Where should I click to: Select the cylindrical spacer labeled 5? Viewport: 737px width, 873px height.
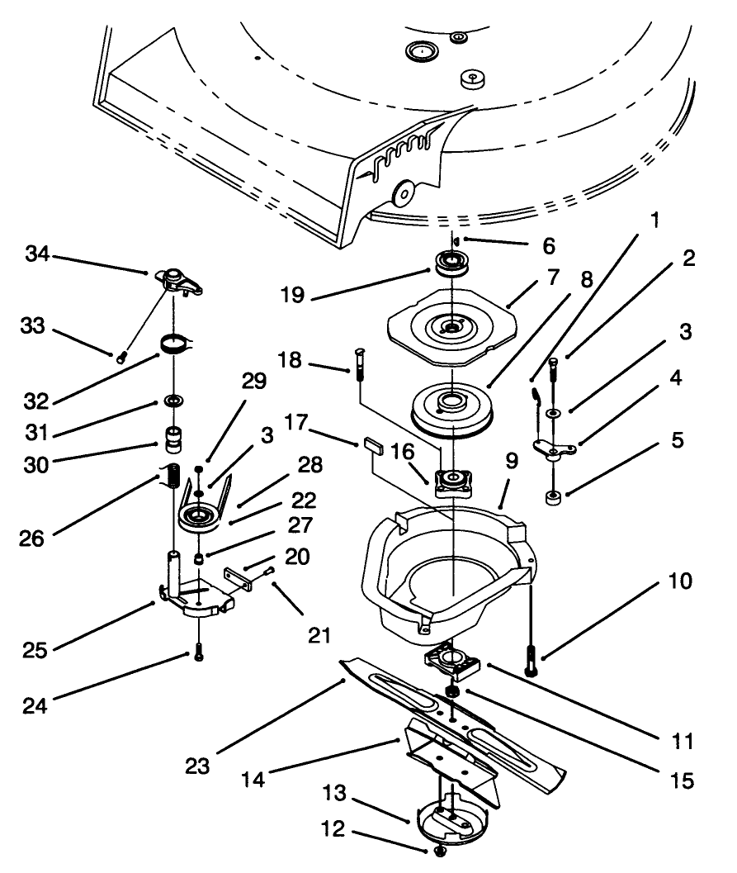(552, 498)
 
